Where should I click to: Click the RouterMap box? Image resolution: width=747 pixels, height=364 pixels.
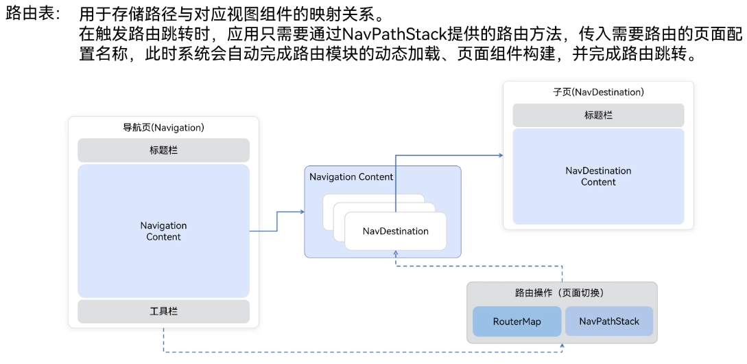pos(517,321)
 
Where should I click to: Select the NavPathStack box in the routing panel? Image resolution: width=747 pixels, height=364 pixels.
pos(609,321)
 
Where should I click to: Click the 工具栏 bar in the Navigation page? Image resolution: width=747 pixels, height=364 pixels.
pos(163,311)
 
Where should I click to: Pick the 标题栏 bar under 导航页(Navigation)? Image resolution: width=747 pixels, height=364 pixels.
pos(163,150)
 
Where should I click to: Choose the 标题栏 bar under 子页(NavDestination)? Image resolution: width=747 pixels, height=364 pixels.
pos(598,115)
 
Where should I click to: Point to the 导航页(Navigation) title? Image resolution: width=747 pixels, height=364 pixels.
pos(163,128)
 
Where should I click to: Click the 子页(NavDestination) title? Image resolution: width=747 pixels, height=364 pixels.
pos(598,92)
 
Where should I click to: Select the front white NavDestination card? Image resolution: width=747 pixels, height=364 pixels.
pos(395,231)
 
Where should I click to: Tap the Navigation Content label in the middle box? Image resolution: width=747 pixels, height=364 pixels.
pos(351,177)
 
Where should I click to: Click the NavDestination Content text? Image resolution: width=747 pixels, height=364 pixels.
pos(598,177)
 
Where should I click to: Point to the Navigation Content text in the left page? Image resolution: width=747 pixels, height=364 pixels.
pos(163,231)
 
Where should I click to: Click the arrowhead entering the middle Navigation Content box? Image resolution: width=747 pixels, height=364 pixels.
pos(302,212)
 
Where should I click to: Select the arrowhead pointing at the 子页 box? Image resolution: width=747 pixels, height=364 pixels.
pos(500,155)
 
